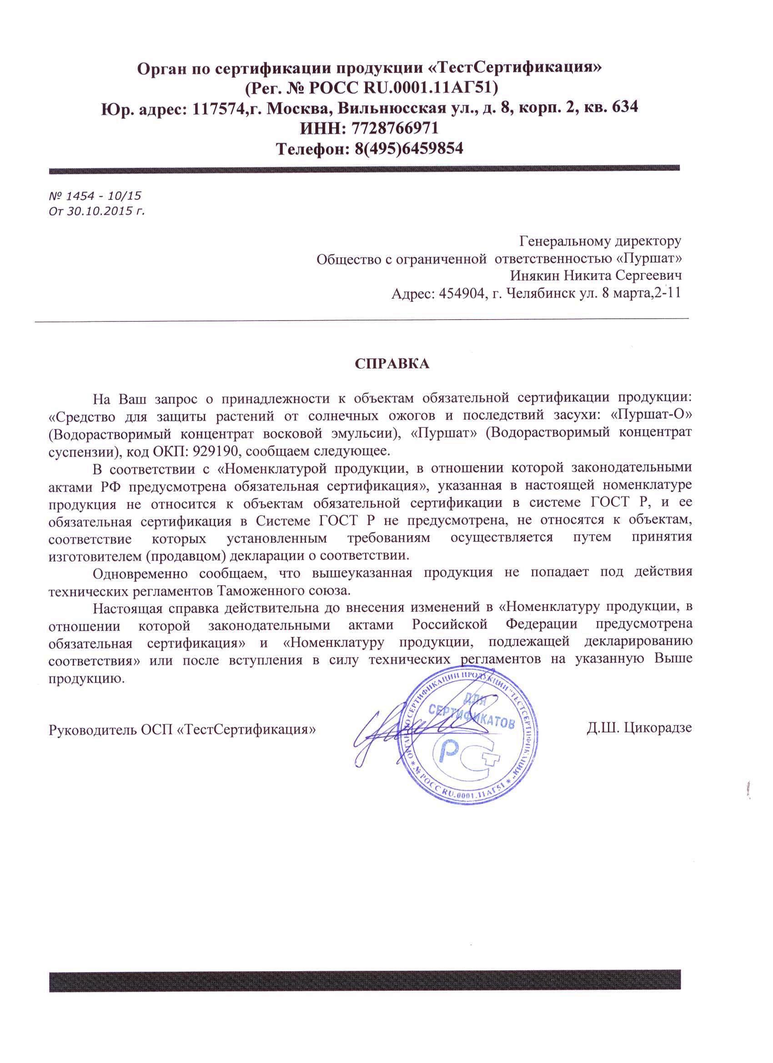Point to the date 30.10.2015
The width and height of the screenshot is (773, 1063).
point(100,211)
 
